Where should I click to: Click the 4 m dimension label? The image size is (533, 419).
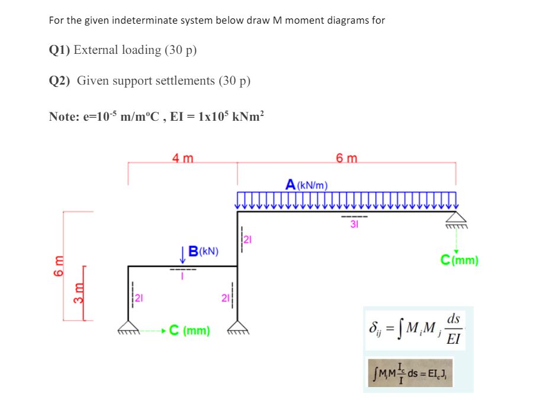click(x=182, y=158)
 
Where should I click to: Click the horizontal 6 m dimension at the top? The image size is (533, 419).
click(x=346, y=158)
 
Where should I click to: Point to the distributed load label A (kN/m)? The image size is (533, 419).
click(x=307, y=185)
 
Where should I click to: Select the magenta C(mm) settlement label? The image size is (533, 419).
click(x=459, y=260)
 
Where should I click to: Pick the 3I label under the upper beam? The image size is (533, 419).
click(x=354, y=224)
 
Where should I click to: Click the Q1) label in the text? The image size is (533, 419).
click(x=60, y=50)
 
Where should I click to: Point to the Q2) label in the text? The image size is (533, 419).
click(x=60, y=80)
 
